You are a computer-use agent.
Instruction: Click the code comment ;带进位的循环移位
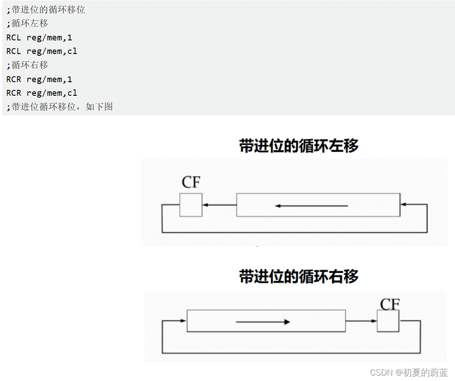tap(46, 10)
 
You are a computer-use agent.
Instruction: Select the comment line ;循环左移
tap(27, 23)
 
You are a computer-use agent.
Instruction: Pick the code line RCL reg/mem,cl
tap(42, 51)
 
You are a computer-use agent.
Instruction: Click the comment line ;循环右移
tap(27, 65)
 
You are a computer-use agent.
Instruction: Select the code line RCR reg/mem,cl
tap(42, 93)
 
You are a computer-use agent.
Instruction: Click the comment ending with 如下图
tap(60, 107)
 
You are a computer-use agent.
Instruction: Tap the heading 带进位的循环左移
tap(299, 146)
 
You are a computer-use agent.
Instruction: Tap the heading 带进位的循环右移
tap(299, 276)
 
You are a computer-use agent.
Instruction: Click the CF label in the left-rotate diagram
tap(191, 182)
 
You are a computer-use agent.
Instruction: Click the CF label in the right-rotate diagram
tap(390, 304)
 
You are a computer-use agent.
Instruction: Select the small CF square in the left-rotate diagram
tap(191, 205)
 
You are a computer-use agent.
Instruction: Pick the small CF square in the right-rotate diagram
tap(388, 321)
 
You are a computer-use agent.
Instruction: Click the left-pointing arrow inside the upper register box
tap(311, 206)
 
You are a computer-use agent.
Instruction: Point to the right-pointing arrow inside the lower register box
tap(263, 322)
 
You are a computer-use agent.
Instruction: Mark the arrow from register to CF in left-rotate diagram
tap(219, 205)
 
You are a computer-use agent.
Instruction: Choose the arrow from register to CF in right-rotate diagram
tap(361, 321)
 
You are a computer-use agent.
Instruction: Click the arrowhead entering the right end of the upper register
tap(403, 205)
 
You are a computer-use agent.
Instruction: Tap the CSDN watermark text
tap(409, 373)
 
